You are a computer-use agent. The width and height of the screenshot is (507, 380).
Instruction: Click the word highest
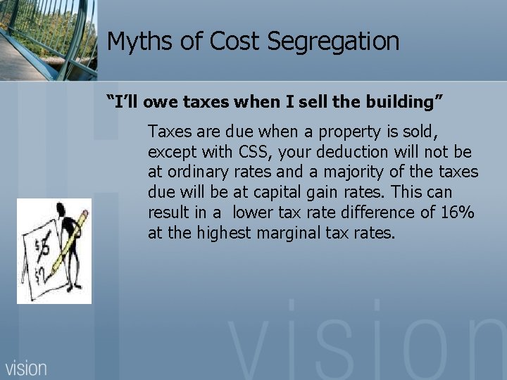click(x=223, y=232)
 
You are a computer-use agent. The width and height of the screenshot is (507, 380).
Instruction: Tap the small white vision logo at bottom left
click(x=27, y=367)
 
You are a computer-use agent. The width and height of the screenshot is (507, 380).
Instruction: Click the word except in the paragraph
click(x=169, y=152)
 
